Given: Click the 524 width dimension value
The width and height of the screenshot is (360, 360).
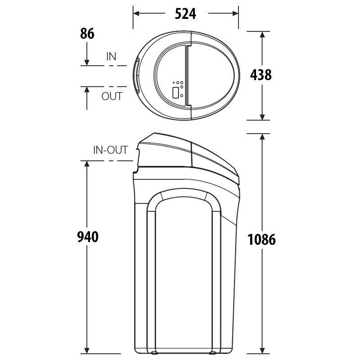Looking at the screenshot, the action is coord(185,14).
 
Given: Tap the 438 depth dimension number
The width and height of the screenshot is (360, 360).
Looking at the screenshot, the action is coord(261,75).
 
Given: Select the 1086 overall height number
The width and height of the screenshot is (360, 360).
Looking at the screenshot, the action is coord(261,239).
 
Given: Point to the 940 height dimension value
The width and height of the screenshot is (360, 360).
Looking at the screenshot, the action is coord(88,237).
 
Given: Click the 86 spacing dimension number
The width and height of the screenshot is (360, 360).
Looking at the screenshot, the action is coord(87,34).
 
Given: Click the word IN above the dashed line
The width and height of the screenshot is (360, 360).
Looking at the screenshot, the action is coord(111,57).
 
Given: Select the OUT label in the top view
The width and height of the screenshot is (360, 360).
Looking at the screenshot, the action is coord(112,96).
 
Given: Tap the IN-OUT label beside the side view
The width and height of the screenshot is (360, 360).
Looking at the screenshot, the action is coord(110,150).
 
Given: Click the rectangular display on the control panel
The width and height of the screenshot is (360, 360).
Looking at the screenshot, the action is coord(176,93).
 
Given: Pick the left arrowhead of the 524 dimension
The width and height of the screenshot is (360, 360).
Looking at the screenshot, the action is coord(136,13).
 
